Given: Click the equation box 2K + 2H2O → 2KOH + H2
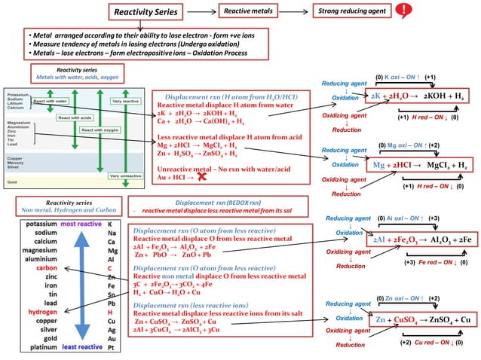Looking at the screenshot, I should click(x=418, y=97).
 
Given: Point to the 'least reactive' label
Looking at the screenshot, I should click(x=82, y=347).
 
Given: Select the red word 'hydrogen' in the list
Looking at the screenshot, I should click(x=41, y=311).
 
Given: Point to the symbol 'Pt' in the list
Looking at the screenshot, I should click(x=112, y=348).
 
